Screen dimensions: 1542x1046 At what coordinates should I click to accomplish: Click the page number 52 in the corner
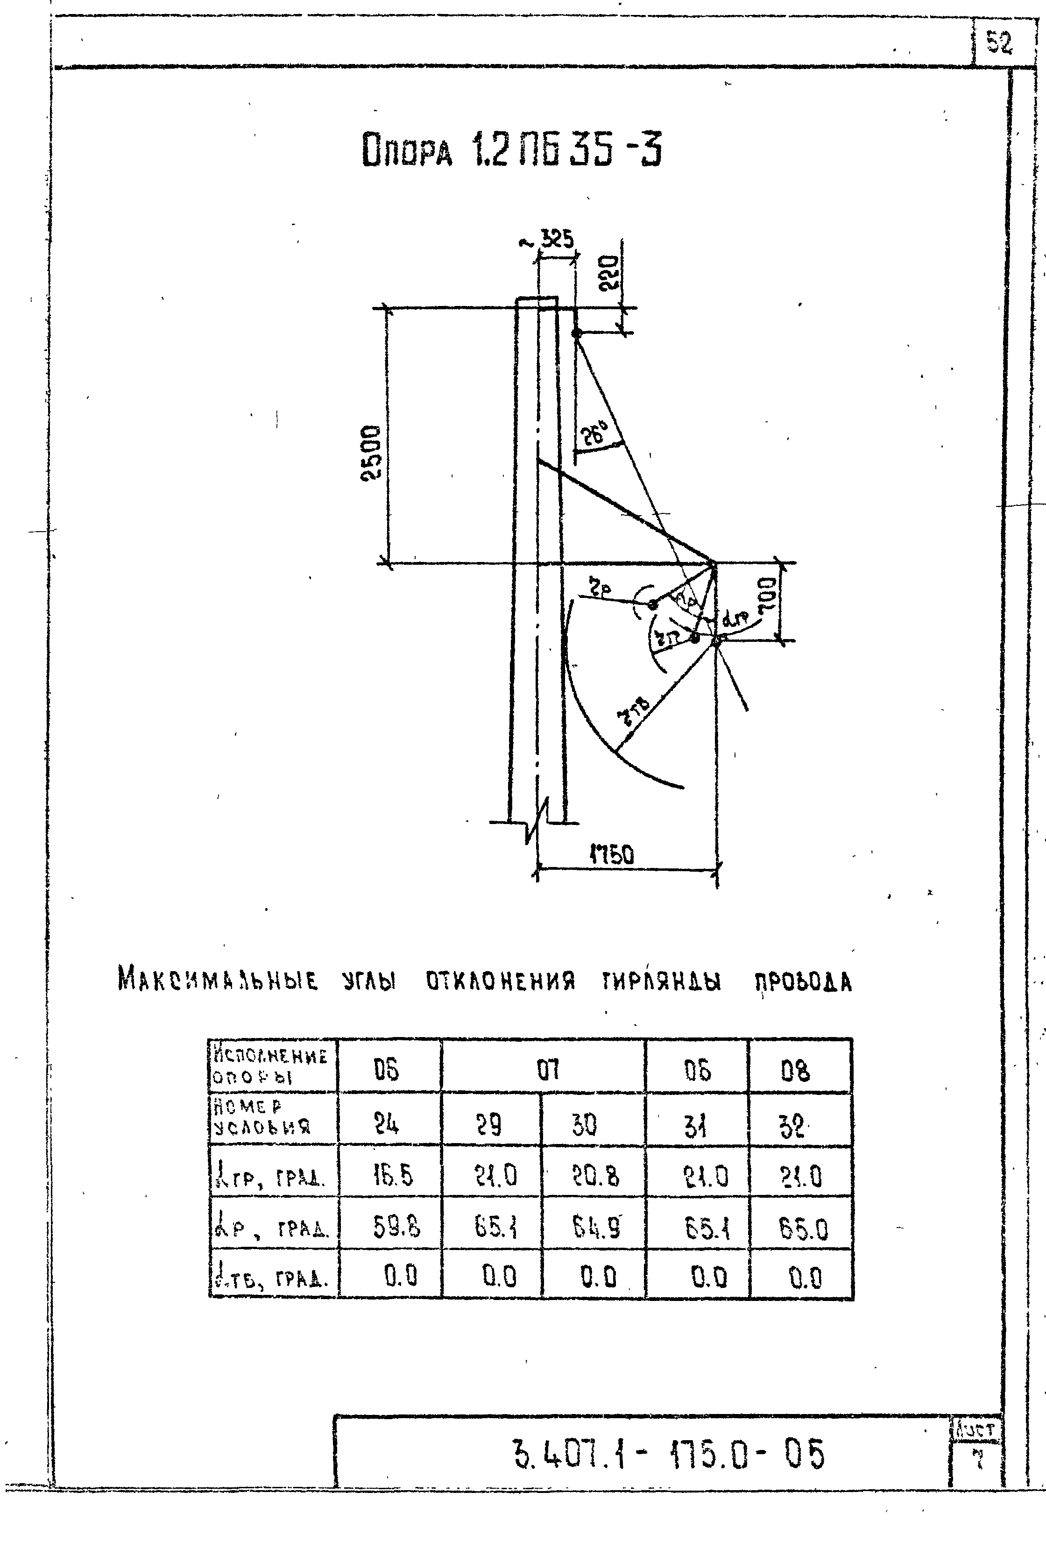click(999, 44)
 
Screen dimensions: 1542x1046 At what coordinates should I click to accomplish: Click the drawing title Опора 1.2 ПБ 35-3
click(511, 152)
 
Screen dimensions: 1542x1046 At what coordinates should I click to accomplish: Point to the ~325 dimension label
click(547, 240)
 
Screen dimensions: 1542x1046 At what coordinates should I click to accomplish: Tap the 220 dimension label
click(609, 273)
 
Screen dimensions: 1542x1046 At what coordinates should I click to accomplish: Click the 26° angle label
click(596, 435)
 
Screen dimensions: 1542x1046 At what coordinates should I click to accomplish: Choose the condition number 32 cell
click(792, 1126)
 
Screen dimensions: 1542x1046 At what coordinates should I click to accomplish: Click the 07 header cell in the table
click(547, 1070)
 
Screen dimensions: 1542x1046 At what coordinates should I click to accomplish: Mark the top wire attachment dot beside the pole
click(576, 333)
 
